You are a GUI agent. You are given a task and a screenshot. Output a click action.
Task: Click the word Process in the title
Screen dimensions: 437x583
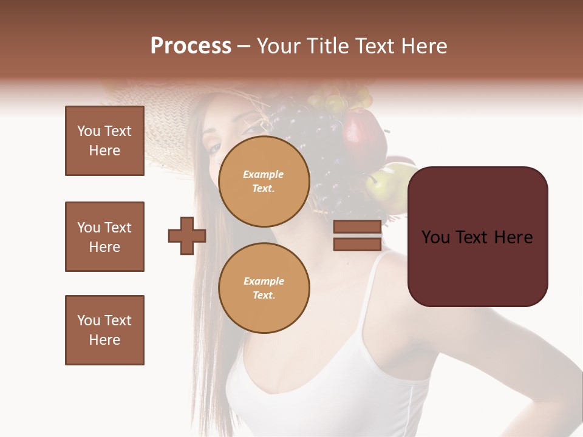[191, 46]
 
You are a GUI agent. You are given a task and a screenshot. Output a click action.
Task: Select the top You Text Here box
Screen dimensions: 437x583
[104, 141]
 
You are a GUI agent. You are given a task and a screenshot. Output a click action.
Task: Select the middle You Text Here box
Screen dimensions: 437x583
[104, 237]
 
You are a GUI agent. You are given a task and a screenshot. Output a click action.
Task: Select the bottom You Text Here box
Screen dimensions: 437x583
[104, 330]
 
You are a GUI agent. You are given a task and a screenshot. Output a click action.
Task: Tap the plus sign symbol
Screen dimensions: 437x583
[187, 235]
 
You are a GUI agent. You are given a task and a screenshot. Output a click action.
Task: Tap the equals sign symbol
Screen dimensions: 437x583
[357, 235]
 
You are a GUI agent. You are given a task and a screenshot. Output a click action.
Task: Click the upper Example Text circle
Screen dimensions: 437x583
[264, 181]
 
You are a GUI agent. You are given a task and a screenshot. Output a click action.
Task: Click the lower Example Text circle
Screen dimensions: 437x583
[264, 288]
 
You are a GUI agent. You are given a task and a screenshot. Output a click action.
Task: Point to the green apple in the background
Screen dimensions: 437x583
[380, 185]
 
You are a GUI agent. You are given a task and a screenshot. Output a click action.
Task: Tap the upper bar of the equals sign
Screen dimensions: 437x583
[357, 227]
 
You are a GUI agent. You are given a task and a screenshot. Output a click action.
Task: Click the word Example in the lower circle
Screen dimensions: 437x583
[264, 281]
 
